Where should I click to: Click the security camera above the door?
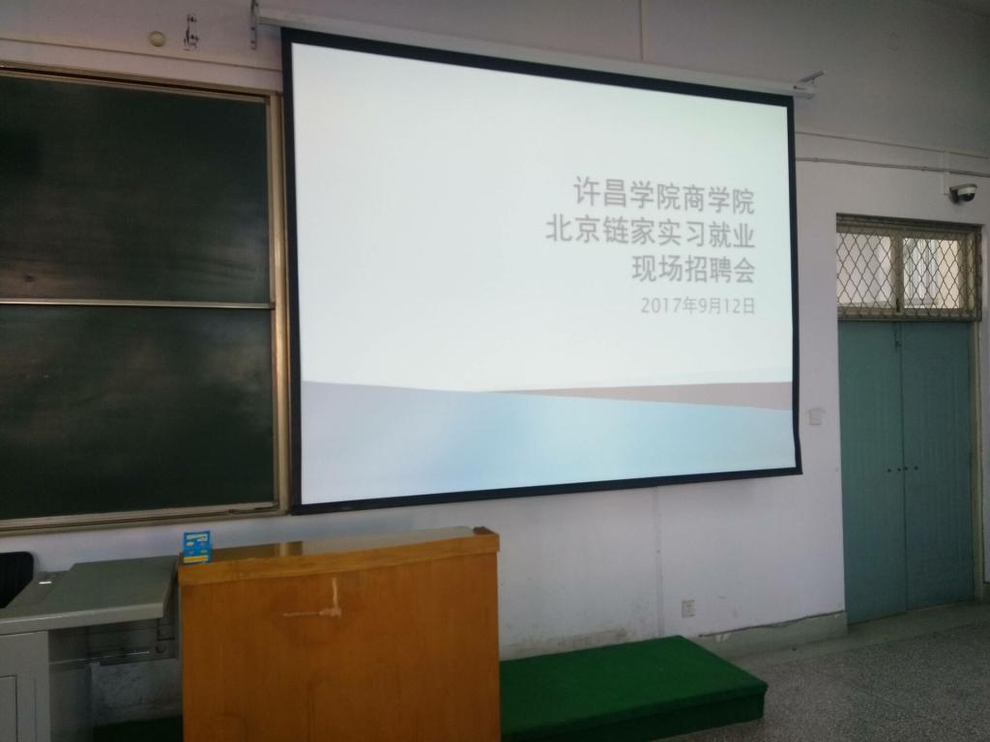[x=963, y=192]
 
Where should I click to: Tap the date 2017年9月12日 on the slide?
[x=698, y=306]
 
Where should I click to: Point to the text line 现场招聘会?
[x=693, y=271]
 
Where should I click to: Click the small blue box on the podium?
[x=196, y=547]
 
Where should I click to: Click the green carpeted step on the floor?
[x=631, y=688]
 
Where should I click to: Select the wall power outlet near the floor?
[x=688, y=608]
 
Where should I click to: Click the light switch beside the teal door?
[x=816, y=415]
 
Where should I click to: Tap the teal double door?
[x=906, y=471]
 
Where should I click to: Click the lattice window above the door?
[x=907, y=269]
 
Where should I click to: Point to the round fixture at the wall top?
[x=158, y=39]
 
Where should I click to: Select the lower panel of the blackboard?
[x=135, y=409]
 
